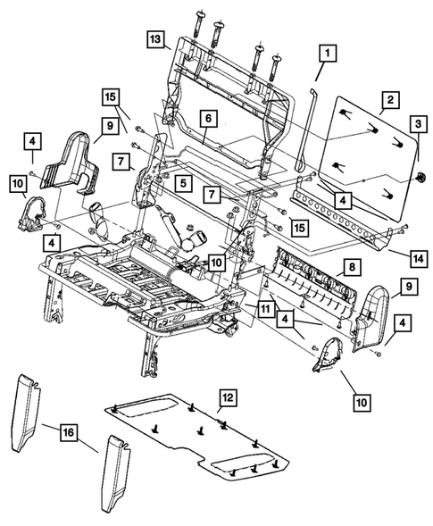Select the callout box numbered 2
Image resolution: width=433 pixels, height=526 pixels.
tap(388, 100)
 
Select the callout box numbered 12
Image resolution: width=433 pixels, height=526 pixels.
tap(229, 396)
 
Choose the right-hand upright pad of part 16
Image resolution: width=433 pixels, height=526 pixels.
tap(116, 478)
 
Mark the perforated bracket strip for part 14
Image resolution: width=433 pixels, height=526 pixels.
tap(344, 214)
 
